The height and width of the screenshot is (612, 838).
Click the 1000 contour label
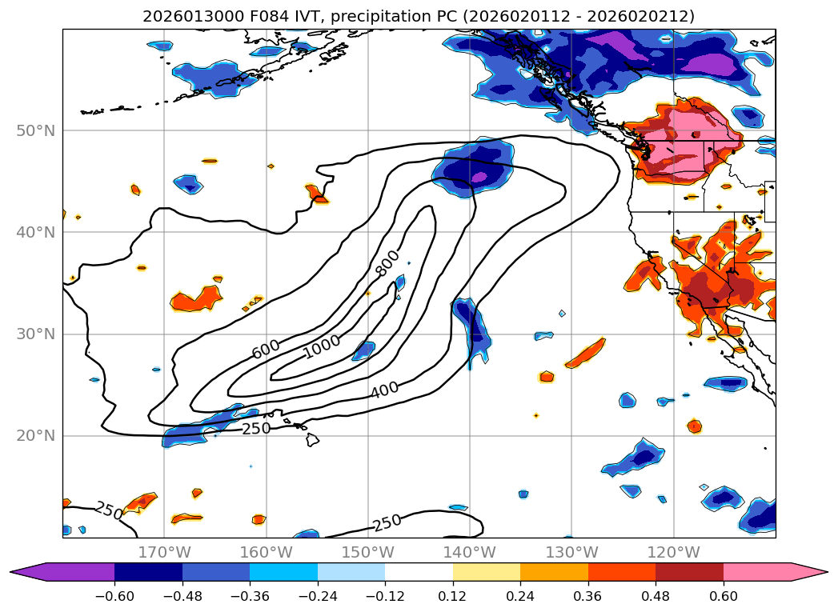[x=322, y=346]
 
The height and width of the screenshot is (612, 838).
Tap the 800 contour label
[x=388, y=263]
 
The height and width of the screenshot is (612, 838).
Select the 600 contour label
[x=266, y=349]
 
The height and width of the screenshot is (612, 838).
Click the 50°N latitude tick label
[x=38, y=130]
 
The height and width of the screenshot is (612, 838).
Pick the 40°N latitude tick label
[x=38, y=233]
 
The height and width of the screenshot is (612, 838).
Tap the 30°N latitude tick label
[x=38, y=334]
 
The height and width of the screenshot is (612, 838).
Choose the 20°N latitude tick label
[x=38, y=436]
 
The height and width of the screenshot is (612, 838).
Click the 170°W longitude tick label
[x=164, y=552]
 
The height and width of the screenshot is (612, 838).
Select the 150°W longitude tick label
[x=367, y=552]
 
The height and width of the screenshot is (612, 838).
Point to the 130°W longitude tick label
[x=571, y=552]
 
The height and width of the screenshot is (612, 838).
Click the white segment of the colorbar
[x=419, y=572]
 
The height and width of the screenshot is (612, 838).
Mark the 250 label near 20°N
[x=256, y=428]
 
